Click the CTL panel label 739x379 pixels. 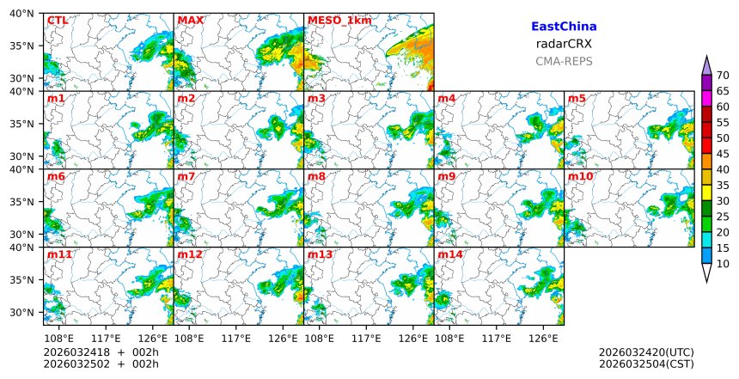point(57,20)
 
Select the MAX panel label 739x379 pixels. point(190,20)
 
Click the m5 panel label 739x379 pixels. point(577,99)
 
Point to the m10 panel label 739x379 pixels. point(580,177)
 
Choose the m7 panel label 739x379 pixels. point(186,177)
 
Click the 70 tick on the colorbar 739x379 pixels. point(723,75)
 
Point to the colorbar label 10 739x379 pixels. point(723,264)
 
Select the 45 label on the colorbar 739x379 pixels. point(723,154)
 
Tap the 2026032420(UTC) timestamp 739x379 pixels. point(646,352)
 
